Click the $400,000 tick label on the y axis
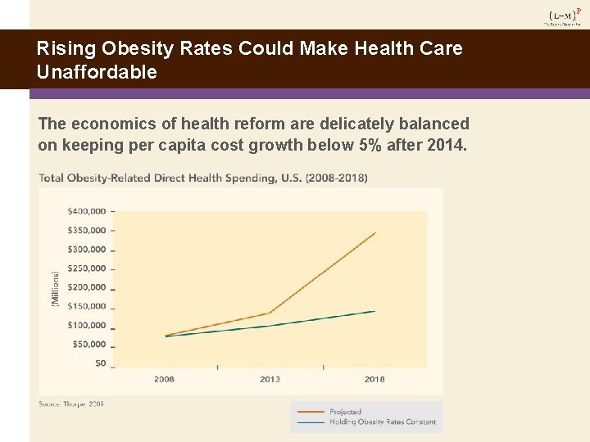[86, 211]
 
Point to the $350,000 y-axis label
[86, 230]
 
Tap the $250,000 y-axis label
[86, 268]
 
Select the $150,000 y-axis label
[86, 306]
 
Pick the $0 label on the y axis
[100, 363]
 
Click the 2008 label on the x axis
[164, 379]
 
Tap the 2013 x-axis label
[270, 379]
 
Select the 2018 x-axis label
[374, 379]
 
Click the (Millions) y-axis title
[56, 288]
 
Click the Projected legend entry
[345, 412]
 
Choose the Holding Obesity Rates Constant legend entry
[382, 422]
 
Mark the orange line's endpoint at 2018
[374, 233]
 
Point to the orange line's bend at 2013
[270, 313]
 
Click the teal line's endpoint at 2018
[374, 311]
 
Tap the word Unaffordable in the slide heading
[97, 72]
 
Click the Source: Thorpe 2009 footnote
[71, 404]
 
